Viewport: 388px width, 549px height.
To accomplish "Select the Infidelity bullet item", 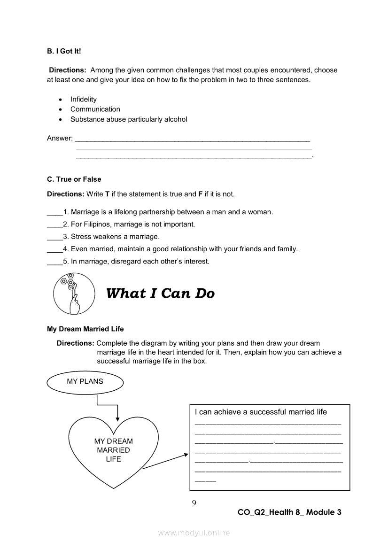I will (83, 99).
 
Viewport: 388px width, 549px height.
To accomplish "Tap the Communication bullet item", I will (95, 109).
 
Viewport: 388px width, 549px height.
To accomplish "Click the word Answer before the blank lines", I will (60, 138).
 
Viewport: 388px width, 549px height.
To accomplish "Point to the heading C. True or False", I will (74, 179).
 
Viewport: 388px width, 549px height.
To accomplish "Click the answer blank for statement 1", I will (54, 213).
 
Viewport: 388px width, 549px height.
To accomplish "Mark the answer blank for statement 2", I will (54, 225).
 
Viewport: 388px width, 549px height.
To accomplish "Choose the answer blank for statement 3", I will (54, 237).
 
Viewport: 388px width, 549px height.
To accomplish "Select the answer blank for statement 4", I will (54, 249).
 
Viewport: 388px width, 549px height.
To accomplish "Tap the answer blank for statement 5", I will (54, 262).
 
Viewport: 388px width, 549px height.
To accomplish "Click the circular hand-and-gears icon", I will (71, 294).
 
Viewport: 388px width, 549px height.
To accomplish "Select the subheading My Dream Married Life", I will (85, 329).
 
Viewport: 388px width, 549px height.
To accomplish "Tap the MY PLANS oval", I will (85, 382).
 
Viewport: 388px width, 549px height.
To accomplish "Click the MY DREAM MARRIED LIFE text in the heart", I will (113, 450).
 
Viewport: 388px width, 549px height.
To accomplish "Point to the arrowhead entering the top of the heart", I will (117, 419).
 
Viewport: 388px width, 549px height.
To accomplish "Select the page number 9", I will (194, 503).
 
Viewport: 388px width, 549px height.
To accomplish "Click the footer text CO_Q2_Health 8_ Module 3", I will (289, 512).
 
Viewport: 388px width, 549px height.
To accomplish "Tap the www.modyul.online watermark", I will (194, 533).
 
